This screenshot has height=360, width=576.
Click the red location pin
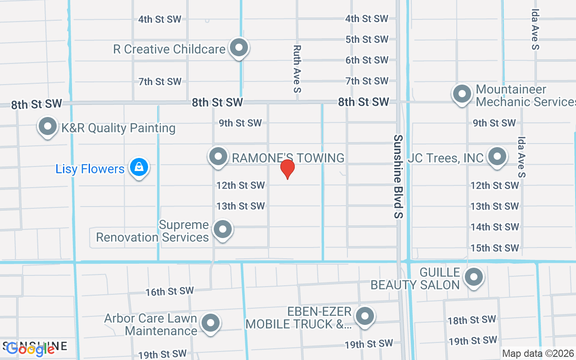coord(288,169)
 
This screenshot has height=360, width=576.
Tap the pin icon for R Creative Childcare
coord(239,47)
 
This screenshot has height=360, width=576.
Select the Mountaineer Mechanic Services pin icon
coord(462,94)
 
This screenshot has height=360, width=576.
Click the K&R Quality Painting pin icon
coord(48,126)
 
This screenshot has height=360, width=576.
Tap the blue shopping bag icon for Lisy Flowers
coord(139,167)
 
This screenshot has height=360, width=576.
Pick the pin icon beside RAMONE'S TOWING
coord(219,157)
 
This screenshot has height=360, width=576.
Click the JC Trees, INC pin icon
coord(497,157)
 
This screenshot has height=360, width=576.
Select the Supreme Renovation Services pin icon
coord(222,229)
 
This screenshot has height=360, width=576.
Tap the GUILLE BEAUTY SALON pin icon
coord(473,277)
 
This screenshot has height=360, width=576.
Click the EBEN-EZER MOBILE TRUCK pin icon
coord(365,316)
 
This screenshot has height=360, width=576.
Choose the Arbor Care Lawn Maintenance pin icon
coord(210,323)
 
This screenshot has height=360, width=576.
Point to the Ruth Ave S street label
coord(297,69)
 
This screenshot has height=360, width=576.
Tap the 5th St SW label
coord(367,40)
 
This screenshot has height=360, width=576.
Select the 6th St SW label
coord(367,60)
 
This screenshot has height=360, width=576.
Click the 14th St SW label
coord(495,227)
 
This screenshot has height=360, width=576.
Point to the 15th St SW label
coord(495,248)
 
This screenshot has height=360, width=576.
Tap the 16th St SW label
coord(169,292)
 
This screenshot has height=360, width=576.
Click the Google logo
coord(31,349)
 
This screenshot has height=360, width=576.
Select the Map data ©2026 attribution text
coord(538,354)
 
